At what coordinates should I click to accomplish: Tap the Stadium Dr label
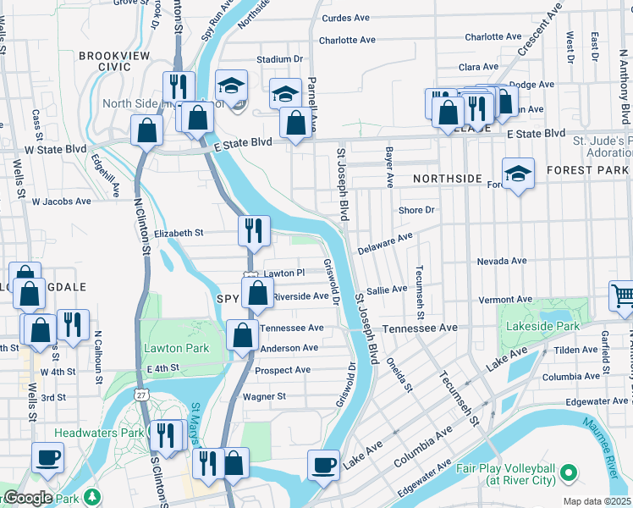(x=280, y=59)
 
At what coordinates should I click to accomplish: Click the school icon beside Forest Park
(x=518, y=174)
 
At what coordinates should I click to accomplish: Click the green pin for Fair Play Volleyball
(x=569, y=471)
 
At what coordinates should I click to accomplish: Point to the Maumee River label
(x=611, y=458)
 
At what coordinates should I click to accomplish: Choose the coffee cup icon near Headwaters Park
(x=47, y=458)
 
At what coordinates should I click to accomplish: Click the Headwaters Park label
(x=96, y=433)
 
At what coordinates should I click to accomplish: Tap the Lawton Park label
(x=176, y=348)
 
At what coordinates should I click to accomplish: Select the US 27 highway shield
(x=140, y=395)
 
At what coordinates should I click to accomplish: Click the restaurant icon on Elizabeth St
(x=253, y=229)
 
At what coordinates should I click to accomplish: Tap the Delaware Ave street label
(x=385, y=245)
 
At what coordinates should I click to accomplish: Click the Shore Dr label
(x=416, y=210)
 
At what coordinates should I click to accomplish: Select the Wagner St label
(x=264, y=396)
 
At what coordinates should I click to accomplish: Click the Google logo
(x=27, y=498)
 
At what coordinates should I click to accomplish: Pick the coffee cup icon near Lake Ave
(x=323, y=465)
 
